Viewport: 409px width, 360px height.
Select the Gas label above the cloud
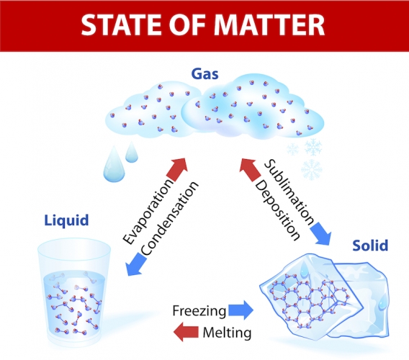(204, 74)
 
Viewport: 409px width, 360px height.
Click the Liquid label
(67, 220)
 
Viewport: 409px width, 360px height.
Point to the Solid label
(370, 246)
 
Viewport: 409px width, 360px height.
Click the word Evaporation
(148, 211)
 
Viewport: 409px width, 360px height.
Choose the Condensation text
(170, 218)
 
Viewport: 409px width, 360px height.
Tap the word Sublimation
(289, 192)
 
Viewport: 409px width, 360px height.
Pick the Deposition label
(277, 210)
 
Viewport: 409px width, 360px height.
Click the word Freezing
(199, 311)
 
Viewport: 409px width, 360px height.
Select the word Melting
(227, 333)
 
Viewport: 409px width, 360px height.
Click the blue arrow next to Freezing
(241, 310)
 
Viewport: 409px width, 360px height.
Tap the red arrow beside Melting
(186, 332)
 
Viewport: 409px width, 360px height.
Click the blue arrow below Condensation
(136, 264)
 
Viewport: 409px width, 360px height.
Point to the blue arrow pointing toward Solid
(321, 233)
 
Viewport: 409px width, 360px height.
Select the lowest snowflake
(312, 170)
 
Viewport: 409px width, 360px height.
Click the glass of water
(74, 292)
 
